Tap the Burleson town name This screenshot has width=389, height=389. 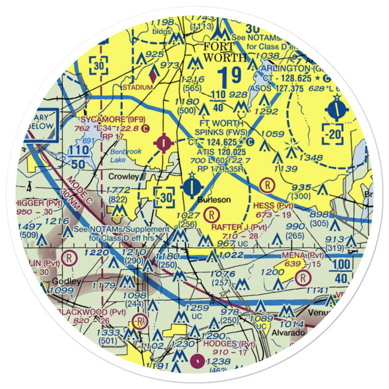point(214,200)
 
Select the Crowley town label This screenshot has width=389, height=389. point(123,177)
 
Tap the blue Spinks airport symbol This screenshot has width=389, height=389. point(193,188)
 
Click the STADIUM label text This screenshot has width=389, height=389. point(138,87)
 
